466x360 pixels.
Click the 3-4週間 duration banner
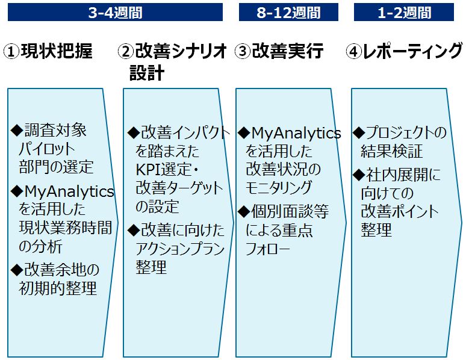click(115, 12)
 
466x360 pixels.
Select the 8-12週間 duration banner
click(288, 12)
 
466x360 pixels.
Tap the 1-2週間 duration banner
click(403, 12)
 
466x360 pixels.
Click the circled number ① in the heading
click(11, 52)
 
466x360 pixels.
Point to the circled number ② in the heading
click(126, 52)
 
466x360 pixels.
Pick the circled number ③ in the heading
click(243, 52)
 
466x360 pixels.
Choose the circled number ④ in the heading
click(353, 52)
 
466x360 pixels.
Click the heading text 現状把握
click(57, 51)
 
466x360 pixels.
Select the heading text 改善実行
click(287, 51)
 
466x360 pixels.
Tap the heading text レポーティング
click(412, 51)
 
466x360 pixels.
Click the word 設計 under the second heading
click(147, 73)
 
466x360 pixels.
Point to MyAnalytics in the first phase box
click(69, 191)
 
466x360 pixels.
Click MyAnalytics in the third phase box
click(296, 133)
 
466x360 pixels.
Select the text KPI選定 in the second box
click(163, 170)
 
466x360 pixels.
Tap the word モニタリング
click(279, 188)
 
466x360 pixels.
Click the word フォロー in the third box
click(267, 249)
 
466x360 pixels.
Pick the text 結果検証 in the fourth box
click(392, 151)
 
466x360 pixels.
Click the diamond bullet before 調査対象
click(17, 130)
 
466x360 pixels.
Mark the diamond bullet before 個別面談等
click(244, 211)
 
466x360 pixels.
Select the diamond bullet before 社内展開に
click(359, 175)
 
